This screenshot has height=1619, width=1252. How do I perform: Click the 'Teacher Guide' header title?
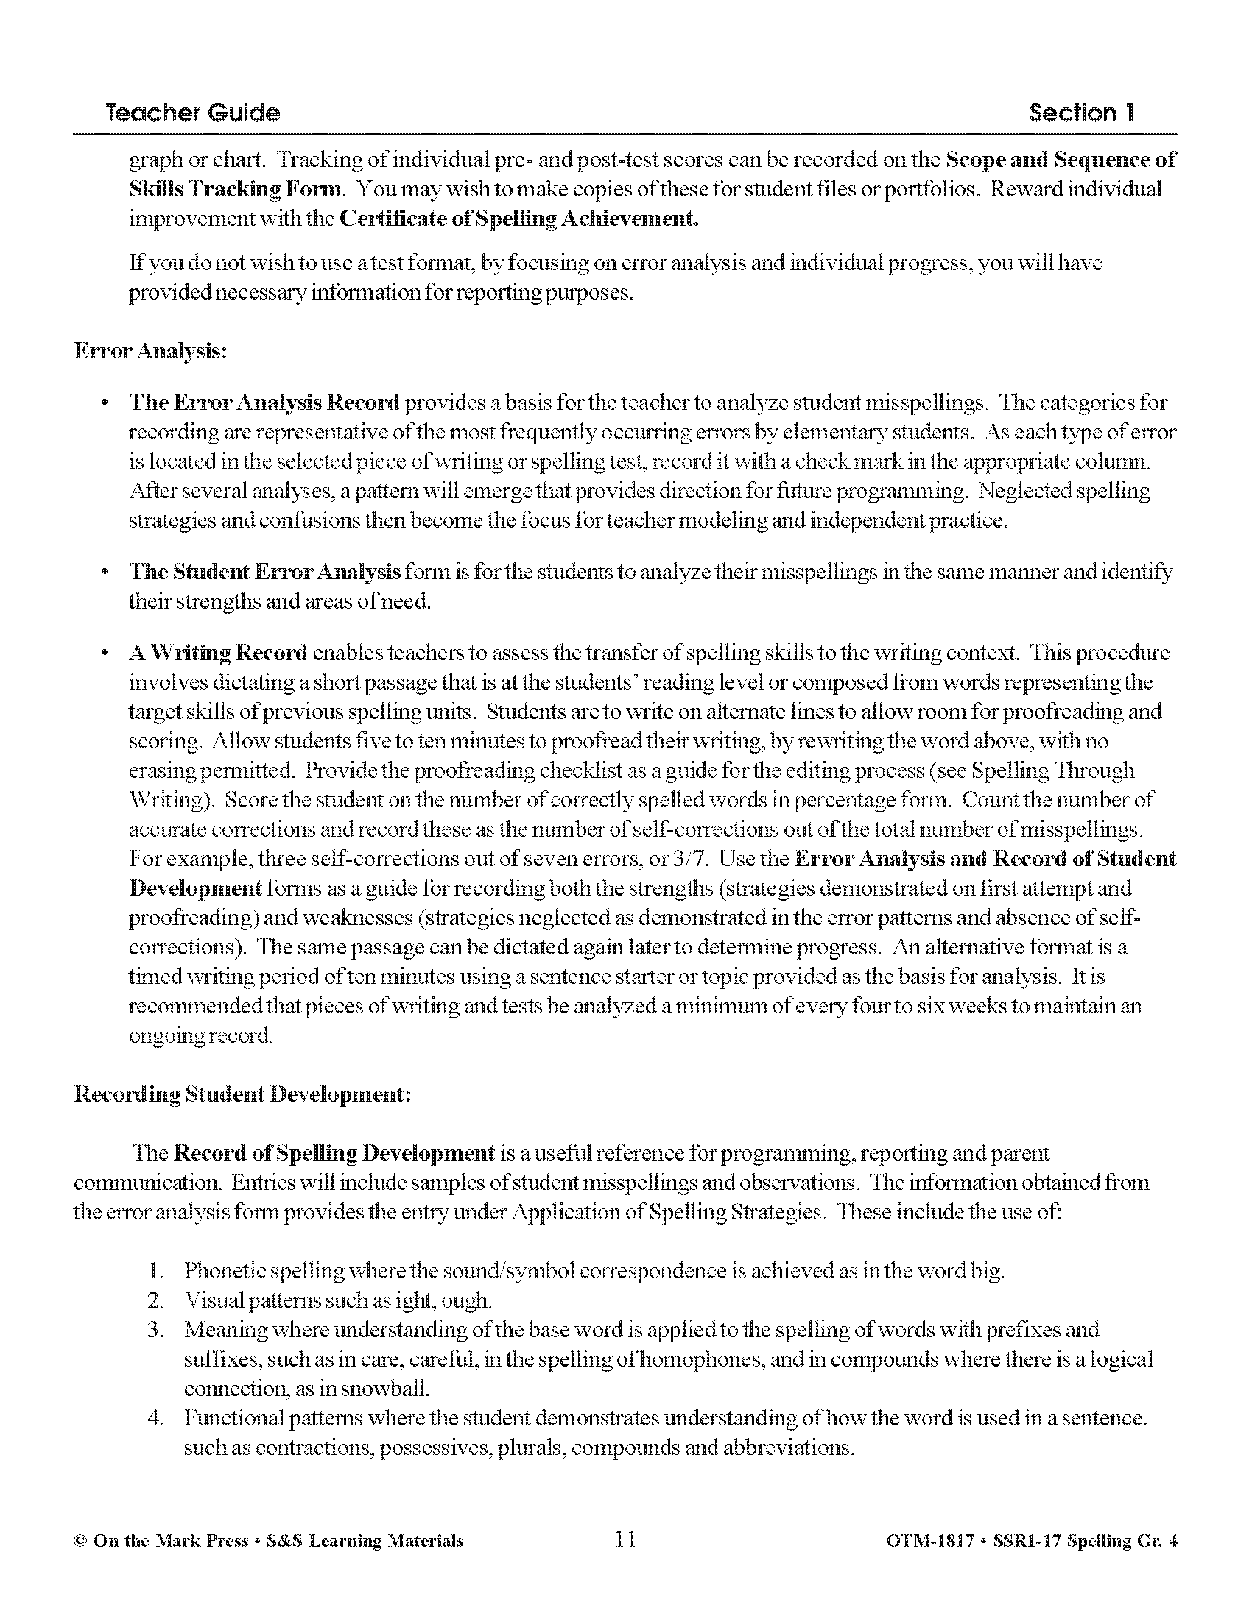pos(192,113)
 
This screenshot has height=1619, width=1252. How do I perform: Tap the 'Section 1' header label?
pos(1080,113)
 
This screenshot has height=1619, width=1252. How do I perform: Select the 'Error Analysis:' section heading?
pos(150,350)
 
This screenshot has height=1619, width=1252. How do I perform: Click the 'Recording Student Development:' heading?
pos(242,1094)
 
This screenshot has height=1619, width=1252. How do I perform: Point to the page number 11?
pos(625,1540)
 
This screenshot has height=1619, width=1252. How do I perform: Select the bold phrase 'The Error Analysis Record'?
pos(264,403)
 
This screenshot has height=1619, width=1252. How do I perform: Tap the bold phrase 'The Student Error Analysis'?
pos(265,572)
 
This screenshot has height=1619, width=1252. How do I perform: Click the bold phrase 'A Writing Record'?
pos(218,652)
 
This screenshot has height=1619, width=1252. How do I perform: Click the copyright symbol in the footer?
pos(80,1541)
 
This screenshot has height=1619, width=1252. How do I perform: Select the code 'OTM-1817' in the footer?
pos(929,1541)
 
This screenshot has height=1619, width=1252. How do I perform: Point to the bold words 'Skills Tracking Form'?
pos(236,189)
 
